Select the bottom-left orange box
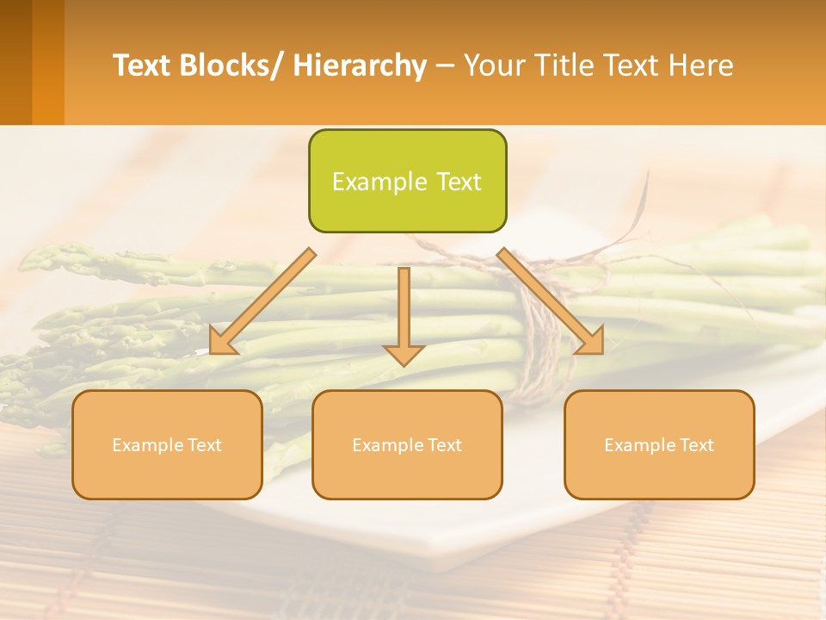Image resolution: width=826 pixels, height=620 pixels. (167, 444)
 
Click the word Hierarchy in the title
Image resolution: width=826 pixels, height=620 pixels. (360, 65)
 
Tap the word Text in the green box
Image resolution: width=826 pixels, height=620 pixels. (457, 182)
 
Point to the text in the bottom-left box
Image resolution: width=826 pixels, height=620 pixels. (167, 445)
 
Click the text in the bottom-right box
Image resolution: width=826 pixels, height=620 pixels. (659, 445)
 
